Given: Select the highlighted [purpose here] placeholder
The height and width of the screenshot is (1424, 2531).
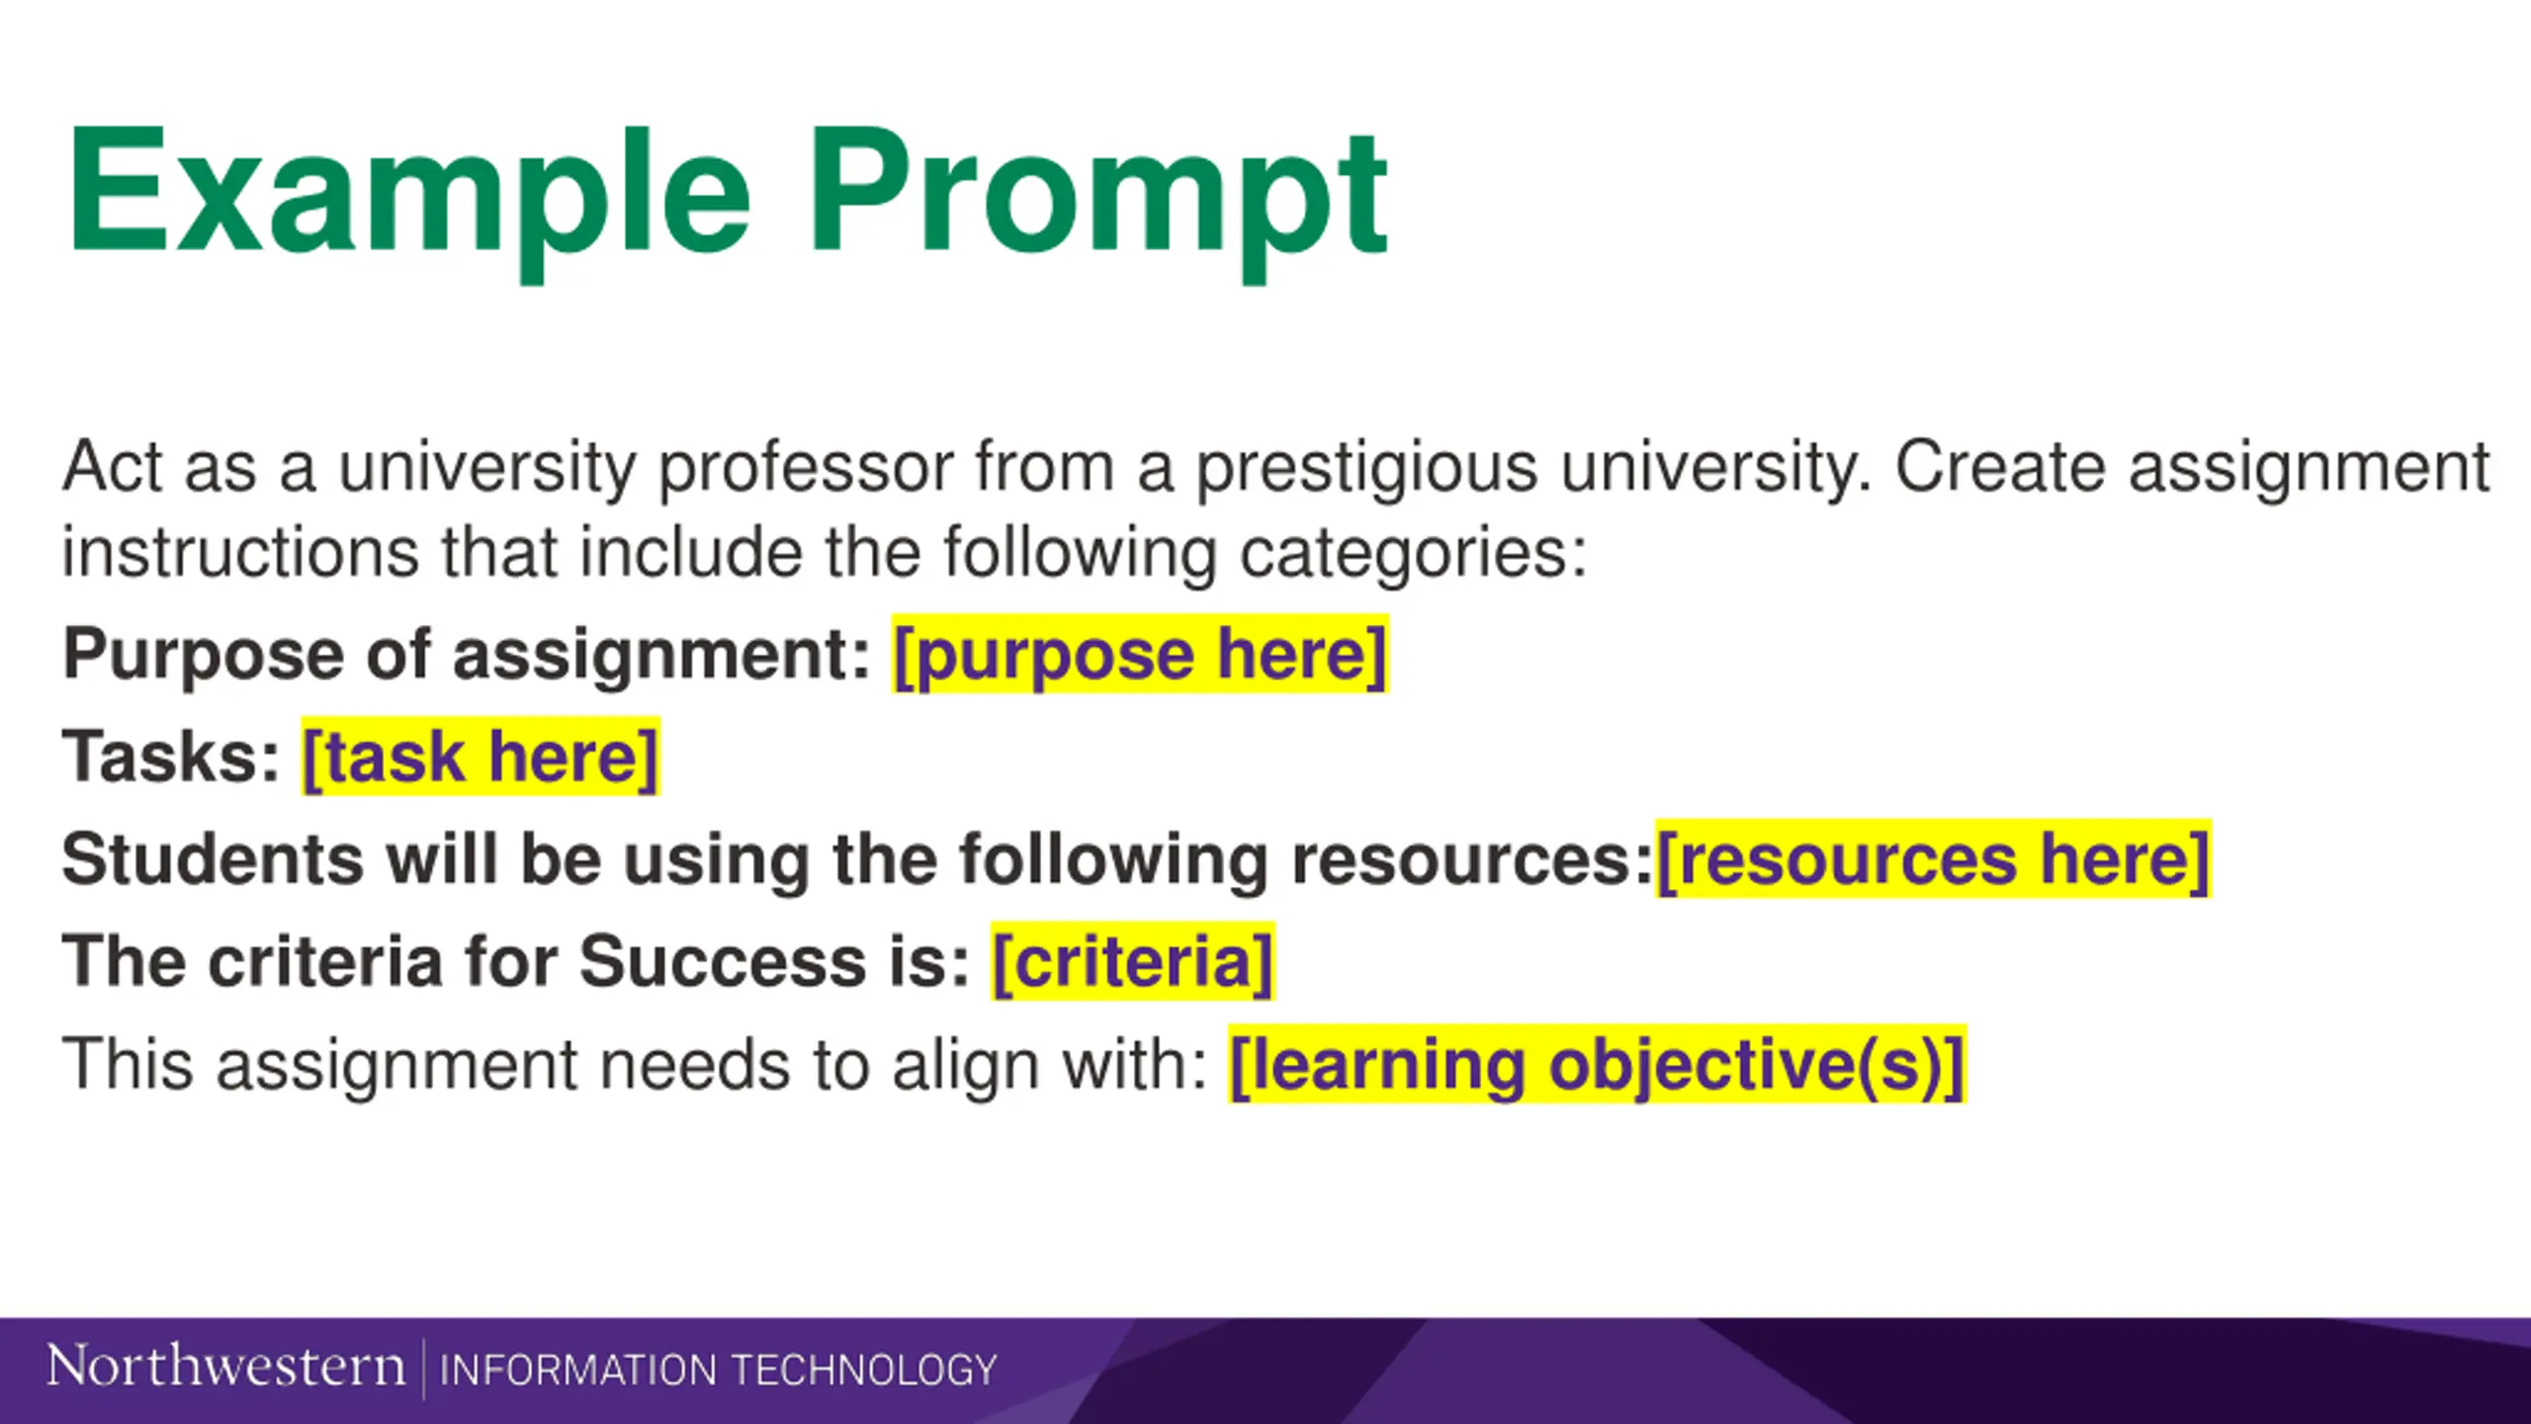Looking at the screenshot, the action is (x=1140, y=655).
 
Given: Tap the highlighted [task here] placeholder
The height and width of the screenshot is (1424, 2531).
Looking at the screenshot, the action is (x=480, y=756).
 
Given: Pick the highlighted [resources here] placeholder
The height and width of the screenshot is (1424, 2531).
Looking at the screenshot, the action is (x=1933, y=859).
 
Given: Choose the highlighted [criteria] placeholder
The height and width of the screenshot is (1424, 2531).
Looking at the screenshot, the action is (x=1133, y=962).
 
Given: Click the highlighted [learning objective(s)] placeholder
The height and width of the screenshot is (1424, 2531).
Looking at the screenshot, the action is (x=1597, y=1065).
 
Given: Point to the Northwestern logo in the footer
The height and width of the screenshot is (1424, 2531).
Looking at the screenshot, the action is (x=225, y=1367).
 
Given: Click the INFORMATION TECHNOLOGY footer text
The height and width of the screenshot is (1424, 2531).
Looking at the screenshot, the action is (x=718, y=1371).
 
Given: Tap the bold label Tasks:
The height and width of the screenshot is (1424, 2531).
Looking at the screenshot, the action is (x=171, y=757).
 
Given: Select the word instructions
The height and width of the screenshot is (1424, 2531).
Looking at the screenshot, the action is (x=240, y=552).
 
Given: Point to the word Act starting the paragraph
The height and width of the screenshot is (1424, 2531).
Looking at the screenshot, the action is (x=112, y=467).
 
